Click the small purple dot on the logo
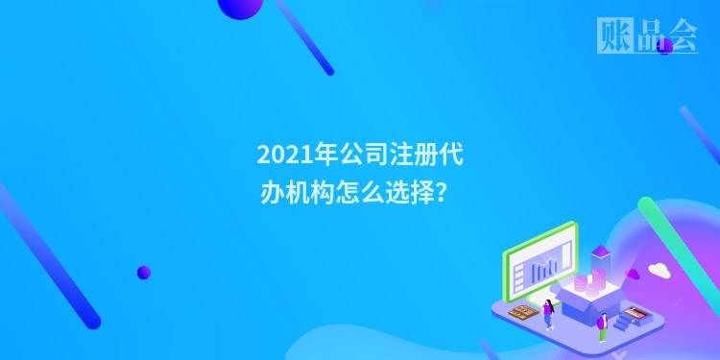[x=664, y=45]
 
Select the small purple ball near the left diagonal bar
[x=143, y=273]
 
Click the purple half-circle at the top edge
[x=240, y=8]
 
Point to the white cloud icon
[x=659, y=270]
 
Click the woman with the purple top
[x=548, y=312]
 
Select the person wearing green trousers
[x=603, y=326]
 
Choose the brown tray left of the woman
[x=522, y=312]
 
